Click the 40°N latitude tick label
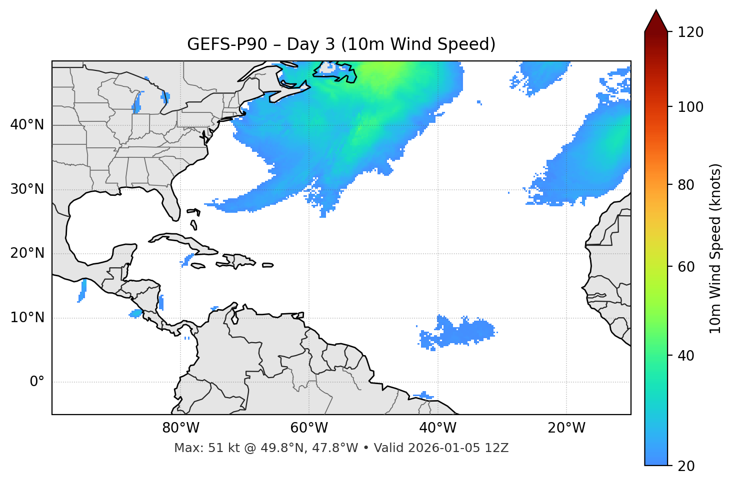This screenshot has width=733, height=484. pyautogui.click(x=27, y=125)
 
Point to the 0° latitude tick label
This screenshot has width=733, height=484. pyautogui.click(x=37, y=382)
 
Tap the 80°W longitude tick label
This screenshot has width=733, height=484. pyautogui.click(x=180, y=428)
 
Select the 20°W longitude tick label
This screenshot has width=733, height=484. pyautogui.click(x=566, y=428)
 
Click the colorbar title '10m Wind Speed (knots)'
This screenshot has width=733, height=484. pyautogui.click(x=715, y=248)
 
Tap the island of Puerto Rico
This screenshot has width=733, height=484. pyautogui.click(x=268, y=265)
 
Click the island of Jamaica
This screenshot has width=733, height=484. pyautogui.click(x=198, y=266)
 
